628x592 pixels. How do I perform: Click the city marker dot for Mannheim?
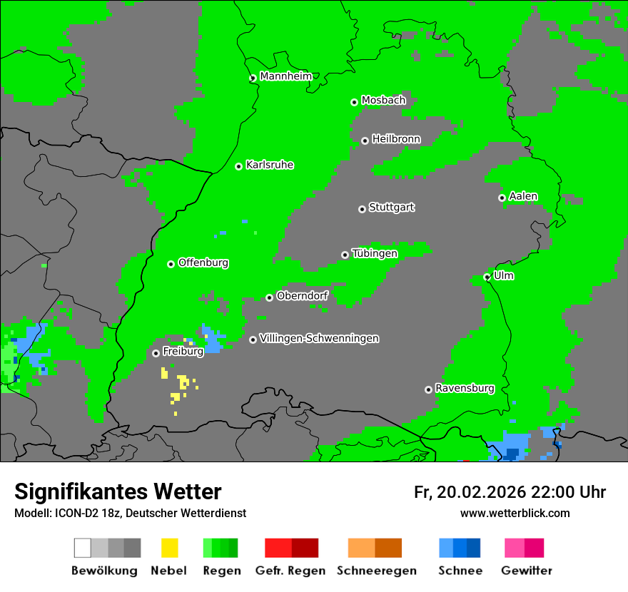tap(253, 78)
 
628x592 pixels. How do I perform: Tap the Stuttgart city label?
tap(391, 208)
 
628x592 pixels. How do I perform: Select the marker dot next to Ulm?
tap(487, 277)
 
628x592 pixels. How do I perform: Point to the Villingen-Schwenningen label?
tap(319, 338)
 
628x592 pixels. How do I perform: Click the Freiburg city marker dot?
tap(156, 353)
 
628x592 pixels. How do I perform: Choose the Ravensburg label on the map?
tap(465, 389)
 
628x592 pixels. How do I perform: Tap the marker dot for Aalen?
tap(502, 198)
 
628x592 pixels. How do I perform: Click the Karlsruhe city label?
tap(269, 165)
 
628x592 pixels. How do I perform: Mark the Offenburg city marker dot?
tap(171, 264)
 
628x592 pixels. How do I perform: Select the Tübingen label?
tap(375, 253)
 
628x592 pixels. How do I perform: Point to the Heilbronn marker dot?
tap(365, 141)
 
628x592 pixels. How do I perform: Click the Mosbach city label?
tap(383, 101)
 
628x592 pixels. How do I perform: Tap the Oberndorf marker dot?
tap(269, 297)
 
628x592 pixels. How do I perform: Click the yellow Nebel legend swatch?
tap(169, 548)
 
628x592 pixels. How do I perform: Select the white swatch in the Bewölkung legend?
tap(83, 548)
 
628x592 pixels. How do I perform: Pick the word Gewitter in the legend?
tap(527, 571)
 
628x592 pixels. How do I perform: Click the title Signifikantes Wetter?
tap(118, 491)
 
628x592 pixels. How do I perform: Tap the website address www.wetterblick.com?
tap(515, 513)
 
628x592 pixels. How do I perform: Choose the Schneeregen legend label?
tap(377, 571)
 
